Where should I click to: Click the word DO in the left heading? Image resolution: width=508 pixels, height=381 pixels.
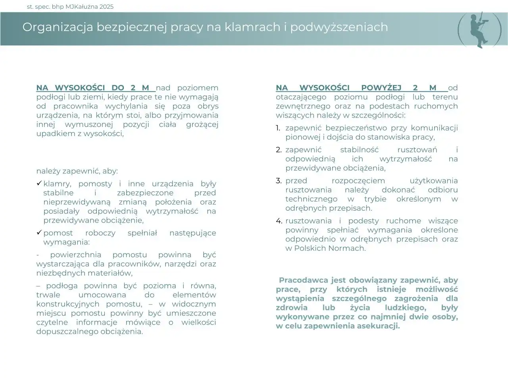118,88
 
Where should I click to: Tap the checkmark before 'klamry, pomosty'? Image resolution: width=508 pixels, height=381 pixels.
39,183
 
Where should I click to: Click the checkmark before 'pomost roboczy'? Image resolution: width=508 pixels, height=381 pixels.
39,233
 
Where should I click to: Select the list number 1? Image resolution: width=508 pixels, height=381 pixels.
278,128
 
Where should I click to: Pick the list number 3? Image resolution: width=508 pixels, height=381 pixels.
279,181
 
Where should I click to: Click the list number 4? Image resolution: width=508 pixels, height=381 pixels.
279,221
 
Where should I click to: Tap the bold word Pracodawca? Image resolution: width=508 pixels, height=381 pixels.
301,280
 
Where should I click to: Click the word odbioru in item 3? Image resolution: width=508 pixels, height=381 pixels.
443,190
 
